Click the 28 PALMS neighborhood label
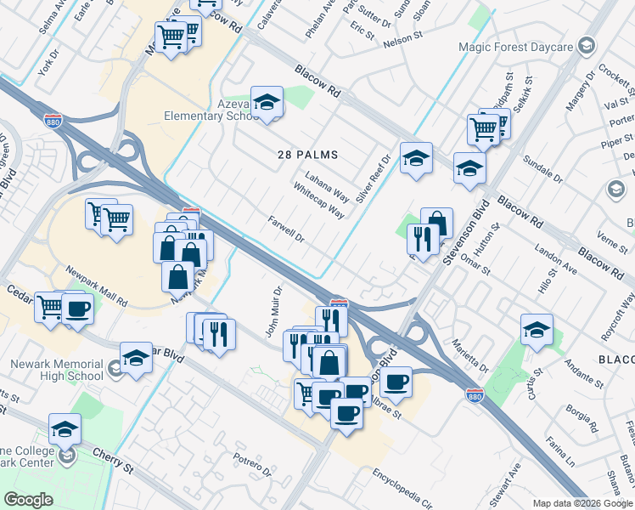(x=307, y=155)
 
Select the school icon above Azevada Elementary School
(x=267, y=103)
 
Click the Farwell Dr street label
(x=286, y=229)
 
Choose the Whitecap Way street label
(x=318, y=201)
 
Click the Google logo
(x=29, y=500)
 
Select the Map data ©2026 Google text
(x=582, y=503)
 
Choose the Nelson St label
(x=402, y=38)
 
